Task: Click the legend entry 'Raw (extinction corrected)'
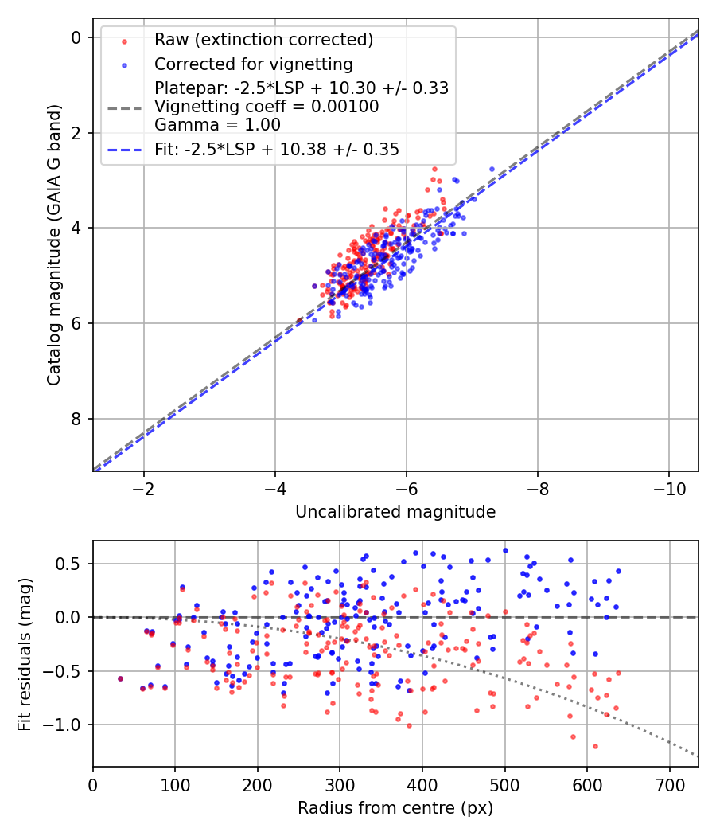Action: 263,40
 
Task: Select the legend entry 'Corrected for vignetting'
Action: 253,64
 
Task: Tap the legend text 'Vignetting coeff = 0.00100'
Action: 267,107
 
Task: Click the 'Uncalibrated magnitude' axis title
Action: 395,512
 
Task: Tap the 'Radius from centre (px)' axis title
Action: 395,808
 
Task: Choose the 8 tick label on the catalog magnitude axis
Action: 76,419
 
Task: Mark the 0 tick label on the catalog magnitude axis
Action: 76,37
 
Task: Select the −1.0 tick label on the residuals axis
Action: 67,725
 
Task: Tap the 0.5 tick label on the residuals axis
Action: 72,564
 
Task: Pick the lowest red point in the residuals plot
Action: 595,746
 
